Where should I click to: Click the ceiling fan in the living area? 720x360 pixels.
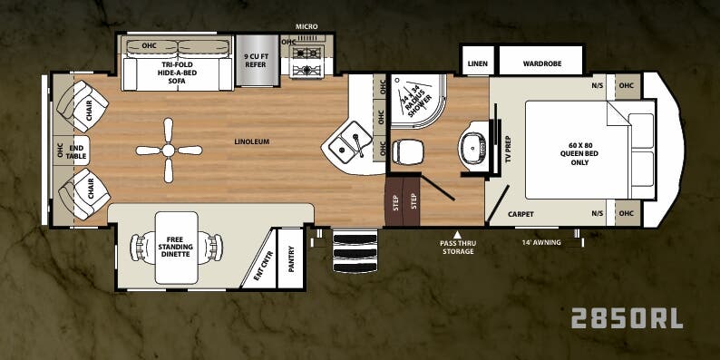pos(167,151)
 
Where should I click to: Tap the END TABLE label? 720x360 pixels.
pos(76,151)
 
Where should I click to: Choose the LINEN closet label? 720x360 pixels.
pos(477,63)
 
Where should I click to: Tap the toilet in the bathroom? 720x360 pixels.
pos(407,150)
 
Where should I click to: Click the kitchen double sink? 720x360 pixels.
pos(350,144)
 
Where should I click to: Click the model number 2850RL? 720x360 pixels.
pos(626,317)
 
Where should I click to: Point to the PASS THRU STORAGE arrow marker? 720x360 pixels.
pos(457,234)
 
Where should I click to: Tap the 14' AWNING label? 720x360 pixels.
pos(541,242)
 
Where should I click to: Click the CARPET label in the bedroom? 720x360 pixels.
pos(521,214)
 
